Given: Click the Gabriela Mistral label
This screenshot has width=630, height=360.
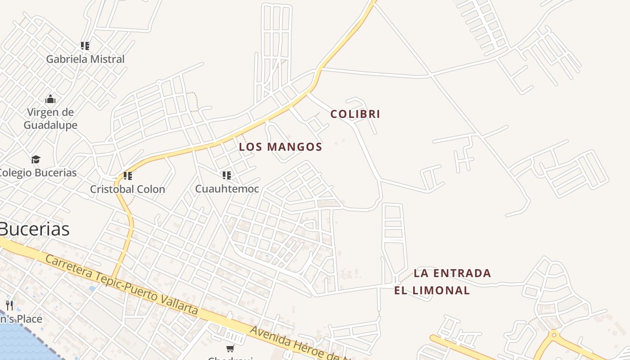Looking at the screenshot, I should [x=85, y=59].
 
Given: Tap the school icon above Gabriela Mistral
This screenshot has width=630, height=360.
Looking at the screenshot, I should [x=85, y=45].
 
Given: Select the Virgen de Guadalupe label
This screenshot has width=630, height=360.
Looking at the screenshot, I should [x=50, y=118].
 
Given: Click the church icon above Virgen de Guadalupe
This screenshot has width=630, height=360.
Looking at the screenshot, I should [x=50, y=99].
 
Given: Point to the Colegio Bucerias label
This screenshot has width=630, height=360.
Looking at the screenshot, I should [x=38, y=172].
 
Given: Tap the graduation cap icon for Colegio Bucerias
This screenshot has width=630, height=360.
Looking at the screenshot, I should [x=36, y=159].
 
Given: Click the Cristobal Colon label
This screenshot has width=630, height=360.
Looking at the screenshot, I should [x=127, y=189].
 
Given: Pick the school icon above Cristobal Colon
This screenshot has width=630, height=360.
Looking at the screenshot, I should [x=128, y=175].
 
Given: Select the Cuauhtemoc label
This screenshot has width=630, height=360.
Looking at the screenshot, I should [x=227, y=189].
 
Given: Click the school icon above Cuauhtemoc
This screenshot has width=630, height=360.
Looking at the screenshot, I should [x=227, y=175].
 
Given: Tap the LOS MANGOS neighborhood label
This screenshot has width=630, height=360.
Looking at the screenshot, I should [x=280, y=147].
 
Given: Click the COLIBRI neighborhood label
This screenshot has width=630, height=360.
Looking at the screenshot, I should [x=355, y=114].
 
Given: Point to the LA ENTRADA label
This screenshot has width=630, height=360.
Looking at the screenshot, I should [x=452, y=273].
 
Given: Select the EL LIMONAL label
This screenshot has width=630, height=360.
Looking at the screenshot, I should [x=432, y=291].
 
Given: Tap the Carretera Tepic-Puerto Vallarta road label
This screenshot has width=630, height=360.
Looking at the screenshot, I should [x=121, y=285].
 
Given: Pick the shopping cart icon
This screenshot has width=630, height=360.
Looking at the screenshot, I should [x=230, y=348].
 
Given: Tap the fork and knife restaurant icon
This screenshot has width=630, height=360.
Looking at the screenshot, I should [x=9, y=306].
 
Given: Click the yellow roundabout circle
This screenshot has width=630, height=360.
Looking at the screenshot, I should [x=553, y=335].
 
